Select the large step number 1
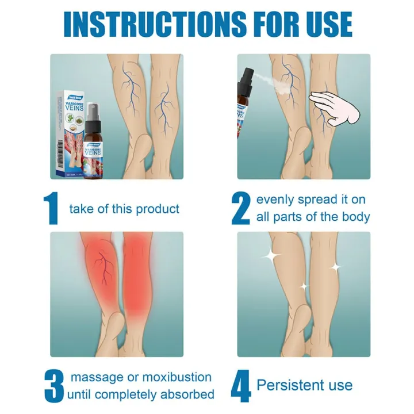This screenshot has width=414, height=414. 52,208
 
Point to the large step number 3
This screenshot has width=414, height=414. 53,386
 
